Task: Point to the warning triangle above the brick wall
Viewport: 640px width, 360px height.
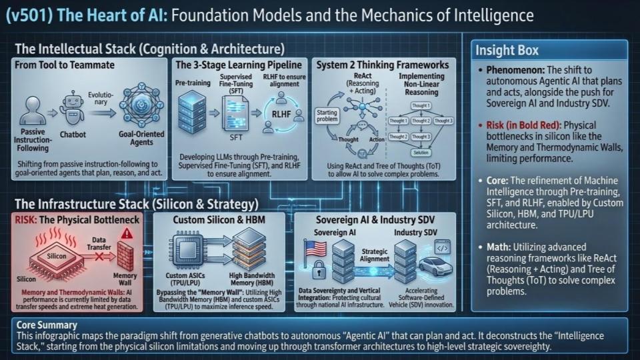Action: [127, 234]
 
